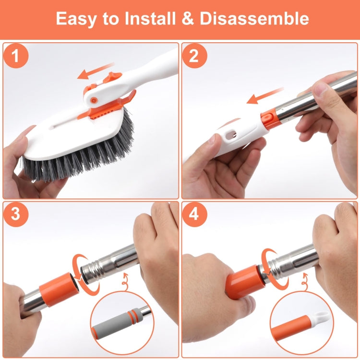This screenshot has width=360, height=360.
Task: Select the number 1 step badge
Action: (x=15, y=57)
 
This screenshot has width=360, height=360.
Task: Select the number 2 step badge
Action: (x=194, y=57)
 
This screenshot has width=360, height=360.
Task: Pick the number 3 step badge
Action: (x=15, y=215)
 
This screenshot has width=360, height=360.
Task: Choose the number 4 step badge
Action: (x=194, y=215)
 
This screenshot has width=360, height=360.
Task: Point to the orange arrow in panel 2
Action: (x=262, y=96)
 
